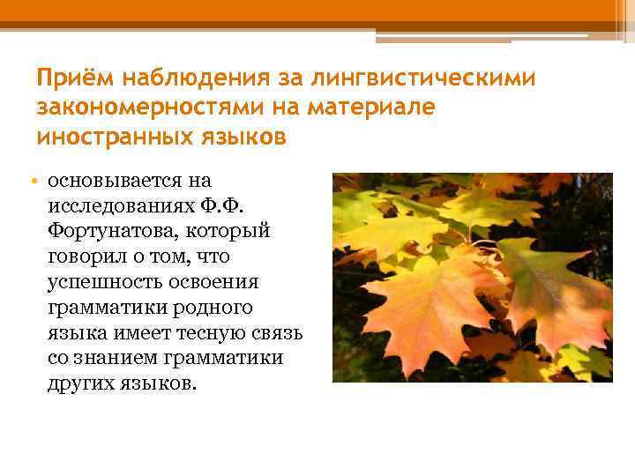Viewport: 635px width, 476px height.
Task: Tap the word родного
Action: pyautogui.click(x=209, y=309)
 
